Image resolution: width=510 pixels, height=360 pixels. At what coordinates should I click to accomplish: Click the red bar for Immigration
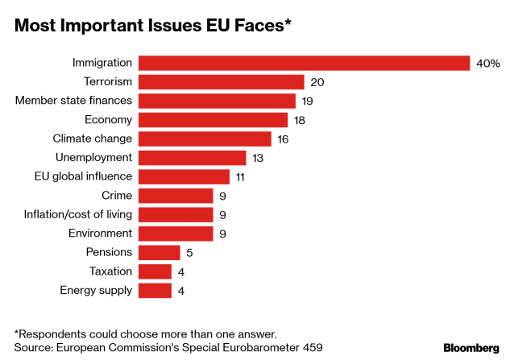(304, 63)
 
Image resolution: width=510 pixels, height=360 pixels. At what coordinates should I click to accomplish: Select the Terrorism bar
(222, 82)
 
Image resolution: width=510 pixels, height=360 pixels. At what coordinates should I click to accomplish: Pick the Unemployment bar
(193, 157)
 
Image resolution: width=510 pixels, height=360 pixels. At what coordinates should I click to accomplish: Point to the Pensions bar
(160, 253)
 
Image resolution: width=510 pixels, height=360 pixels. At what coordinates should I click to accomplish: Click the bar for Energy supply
(155, 291)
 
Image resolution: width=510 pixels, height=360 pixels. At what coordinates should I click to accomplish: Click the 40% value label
(488, 63)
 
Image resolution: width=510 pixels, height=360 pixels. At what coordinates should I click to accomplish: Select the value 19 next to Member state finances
(307, 101)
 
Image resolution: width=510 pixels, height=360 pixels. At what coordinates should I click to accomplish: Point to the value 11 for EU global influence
(241, 176)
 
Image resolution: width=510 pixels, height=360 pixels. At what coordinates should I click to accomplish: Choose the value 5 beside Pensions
(189, 253)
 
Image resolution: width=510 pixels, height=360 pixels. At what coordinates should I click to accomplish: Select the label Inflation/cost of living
(78, 214)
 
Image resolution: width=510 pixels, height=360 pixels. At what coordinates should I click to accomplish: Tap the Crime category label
(117, 195)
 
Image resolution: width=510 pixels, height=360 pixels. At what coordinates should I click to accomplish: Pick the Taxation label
(110, 271)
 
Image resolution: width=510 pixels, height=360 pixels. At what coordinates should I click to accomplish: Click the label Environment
(98, 234)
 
